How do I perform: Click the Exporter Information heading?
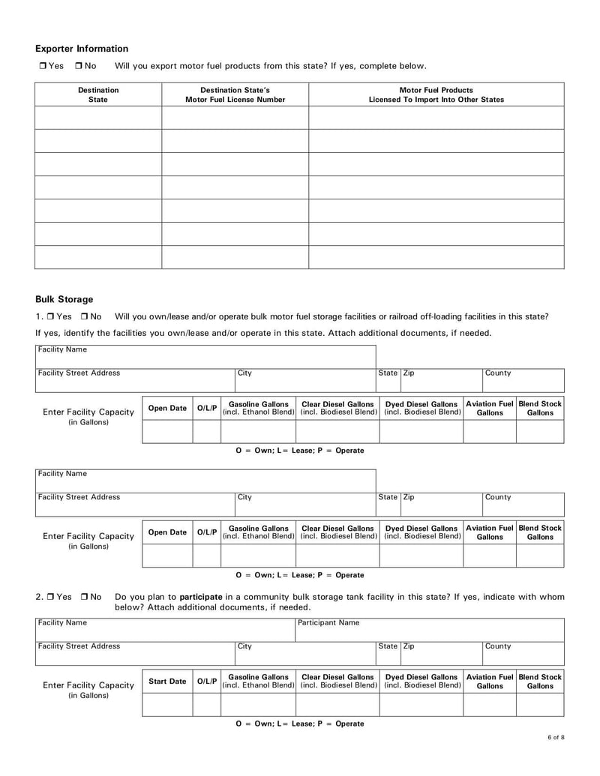(x=82, y=49)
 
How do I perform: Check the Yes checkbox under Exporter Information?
(x=43, y=66)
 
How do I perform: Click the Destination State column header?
(x=98, y=94)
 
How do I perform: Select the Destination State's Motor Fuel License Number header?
(x=235, y=94)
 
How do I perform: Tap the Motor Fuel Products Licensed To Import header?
(x=436, y=94)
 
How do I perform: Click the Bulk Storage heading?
(x=64, y=299)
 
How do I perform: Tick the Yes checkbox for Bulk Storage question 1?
(x=51, y=316)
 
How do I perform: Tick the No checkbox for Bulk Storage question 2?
(x=85, y=597)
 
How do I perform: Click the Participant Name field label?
(x=328, y=622)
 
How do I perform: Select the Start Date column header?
(x=167, y=682)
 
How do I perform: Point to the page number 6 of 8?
(x=556, y=739)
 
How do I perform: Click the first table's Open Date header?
(x=167, y=409)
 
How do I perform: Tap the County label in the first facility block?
(x=499, y=373)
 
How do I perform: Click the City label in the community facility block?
(x=244, y=646)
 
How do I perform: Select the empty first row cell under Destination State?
(x=98, y=118)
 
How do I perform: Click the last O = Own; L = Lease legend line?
(x=299, y=724)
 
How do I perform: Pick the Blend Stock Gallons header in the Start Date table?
(x=540, y=682)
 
